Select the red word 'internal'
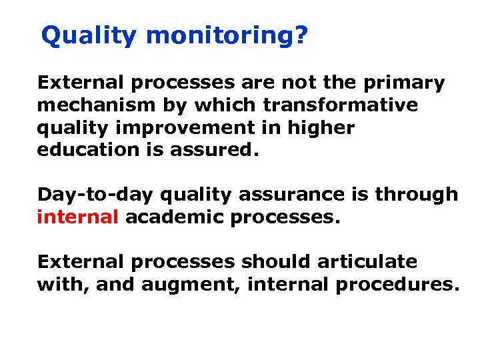coord(78,217)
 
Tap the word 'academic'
coord(174,217)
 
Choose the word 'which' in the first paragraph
coord(229,105)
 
